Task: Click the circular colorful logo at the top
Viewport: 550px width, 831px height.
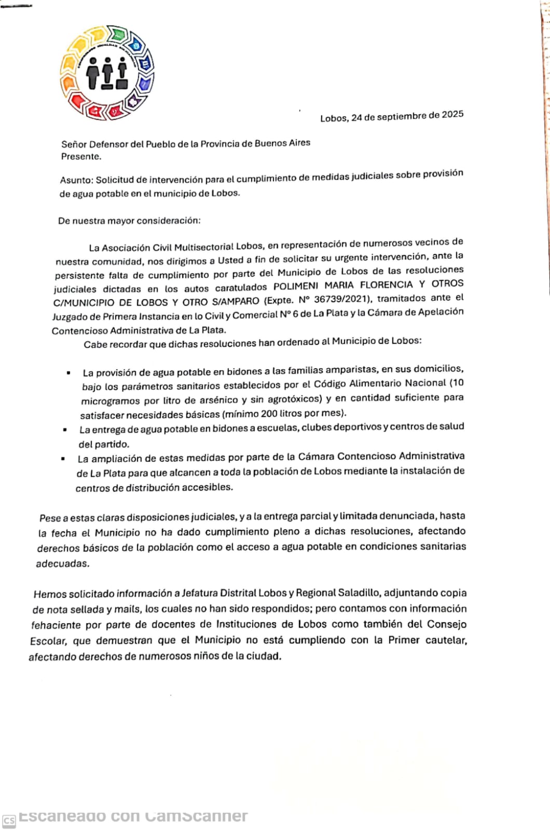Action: coord(107,73)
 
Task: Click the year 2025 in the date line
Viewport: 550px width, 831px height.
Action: coord(452,115)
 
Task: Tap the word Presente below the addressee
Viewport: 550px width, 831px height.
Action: coord(80,156)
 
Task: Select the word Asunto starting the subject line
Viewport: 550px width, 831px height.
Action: coord(76,180)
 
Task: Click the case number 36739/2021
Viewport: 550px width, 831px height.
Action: coord(346,299)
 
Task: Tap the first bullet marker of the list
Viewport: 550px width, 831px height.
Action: coord(68,373)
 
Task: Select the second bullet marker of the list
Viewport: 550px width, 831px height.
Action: coord(65,430)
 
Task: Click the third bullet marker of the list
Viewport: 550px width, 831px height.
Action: coord(63,459)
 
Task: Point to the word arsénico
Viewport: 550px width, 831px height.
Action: coord(218,400)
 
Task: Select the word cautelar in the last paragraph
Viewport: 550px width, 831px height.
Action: coord(446,640)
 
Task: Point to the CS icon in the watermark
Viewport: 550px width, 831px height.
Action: coord(9,820)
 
